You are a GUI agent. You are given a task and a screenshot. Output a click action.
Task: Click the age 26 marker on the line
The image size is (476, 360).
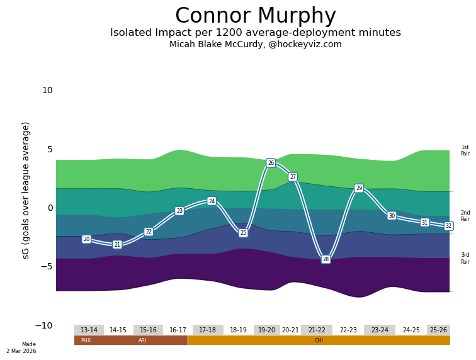pyautogui.click(x=271, y=163)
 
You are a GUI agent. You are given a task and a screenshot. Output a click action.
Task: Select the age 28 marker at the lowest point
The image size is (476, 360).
pyautogui.click(x=326, y=259)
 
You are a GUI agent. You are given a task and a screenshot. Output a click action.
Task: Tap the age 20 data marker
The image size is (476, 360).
pyautogui.click(x=86, y=239)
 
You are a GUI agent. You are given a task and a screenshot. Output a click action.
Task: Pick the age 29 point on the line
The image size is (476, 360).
pyautogui.click(x=359, y=188)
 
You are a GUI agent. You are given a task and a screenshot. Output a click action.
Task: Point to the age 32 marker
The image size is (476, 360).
pyautogui.click(x=448, y=226)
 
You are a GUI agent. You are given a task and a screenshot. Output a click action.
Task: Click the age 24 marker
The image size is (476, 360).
pyautogui.click(x=212, y=201)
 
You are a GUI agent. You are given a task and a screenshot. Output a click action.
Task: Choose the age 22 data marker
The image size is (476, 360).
pyautogui.click(x=149, y=232)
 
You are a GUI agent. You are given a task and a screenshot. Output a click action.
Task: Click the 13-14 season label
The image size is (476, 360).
pyautogui.click(x=89, y=330)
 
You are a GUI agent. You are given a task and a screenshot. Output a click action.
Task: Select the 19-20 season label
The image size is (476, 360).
pyautogui.click(x=266, y=330)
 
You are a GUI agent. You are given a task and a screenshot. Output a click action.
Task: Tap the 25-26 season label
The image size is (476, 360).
pyautogui.click(x=438, y=330)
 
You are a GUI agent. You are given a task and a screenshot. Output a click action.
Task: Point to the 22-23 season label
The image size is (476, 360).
pyautogui.click(x=348, y=330)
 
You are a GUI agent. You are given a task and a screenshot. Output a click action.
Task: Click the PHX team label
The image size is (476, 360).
pyautogui.click(x=86, y=340)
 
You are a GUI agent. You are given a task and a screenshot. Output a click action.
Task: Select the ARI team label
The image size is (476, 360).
pyautogui.click(x=142, y=340)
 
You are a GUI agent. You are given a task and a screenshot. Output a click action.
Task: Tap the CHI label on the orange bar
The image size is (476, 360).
pyautogui.click(x=319, y=340)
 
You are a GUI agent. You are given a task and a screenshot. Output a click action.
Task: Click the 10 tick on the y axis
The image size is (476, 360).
pyautogui.click(x=47, y=91)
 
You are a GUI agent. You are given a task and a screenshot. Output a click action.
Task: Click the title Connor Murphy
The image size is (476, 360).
pyautogui.click(x=255, y=16)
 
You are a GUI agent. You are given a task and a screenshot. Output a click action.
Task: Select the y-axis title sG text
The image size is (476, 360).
pyautogui.click(x=26, y=190)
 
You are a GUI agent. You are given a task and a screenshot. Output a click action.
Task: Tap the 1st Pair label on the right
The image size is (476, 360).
pyautogui.click(x=465, y=150)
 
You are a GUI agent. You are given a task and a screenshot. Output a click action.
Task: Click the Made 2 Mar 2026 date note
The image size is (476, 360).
pyautogui.click(x=21, y=348)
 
